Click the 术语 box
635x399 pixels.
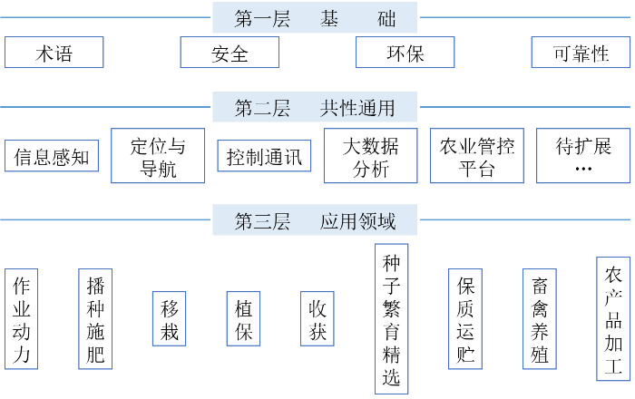[54, 53]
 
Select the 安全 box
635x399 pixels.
[230, 53]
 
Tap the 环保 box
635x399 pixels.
[405, 53]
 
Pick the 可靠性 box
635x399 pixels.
[581, 53]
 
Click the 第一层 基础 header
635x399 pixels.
[315, 17]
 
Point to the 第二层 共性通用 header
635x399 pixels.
[315, 107]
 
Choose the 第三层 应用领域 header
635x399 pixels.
[315, 219]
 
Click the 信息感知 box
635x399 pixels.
[52, 156]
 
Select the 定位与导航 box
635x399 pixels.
[158, 156]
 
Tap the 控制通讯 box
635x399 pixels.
[264, 156]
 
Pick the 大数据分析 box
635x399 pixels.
[370, 156]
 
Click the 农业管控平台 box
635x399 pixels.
[477, 156]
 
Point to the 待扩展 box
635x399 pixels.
[583, 156]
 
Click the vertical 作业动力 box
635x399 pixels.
[21, 319]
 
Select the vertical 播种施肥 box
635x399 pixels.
[95, 319]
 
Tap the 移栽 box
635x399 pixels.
[170, 319]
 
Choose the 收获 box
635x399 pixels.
[317, 319]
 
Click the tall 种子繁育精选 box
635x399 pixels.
[391, 319]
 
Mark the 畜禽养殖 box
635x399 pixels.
[540, 319]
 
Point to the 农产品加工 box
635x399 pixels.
[613, 319]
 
